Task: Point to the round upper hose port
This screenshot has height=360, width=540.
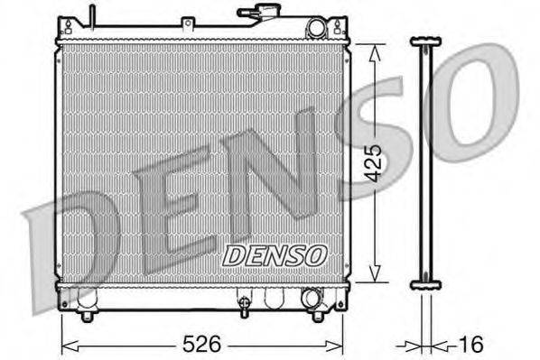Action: tap(315, 28)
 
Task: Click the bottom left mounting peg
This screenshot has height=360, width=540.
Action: tap(87, 315)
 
